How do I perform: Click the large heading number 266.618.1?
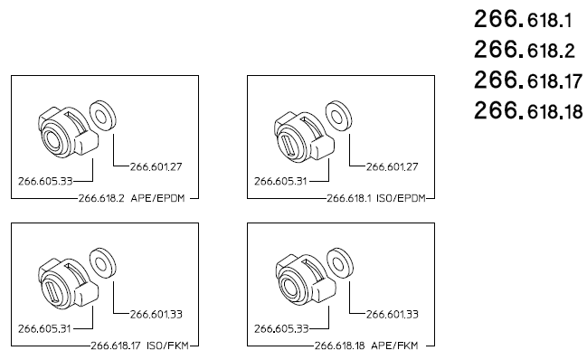click(523, 19)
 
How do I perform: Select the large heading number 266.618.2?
click(524, 50)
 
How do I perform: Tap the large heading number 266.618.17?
click(528, 81)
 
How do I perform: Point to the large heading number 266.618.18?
click(528, 111)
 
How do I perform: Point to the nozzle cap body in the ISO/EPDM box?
click(304, 135)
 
